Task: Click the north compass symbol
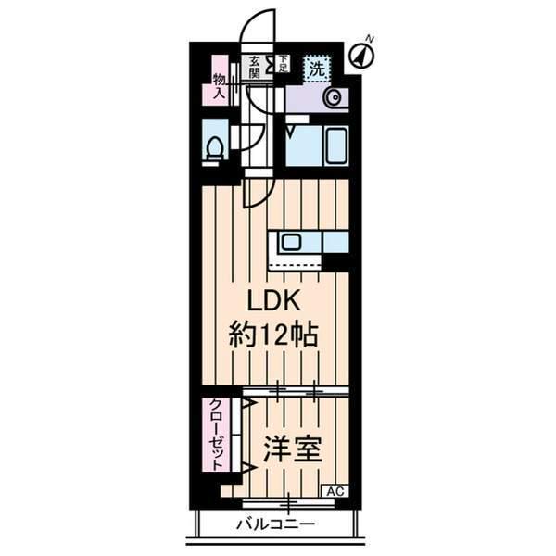pos(360,57)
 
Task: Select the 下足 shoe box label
pos(283,64)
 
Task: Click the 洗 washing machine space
pos(317,67)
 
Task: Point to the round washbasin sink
pos(331,97)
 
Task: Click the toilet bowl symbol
pos(215,148)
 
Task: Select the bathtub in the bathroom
pos(316,146)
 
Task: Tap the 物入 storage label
pos(220,86)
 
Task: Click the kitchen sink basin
pos(290,243)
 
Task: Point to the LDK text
pos(273,303)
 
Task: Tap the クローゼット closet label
pos(215,435)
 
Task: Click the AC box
pos(335,490)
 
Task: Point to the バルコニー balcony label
pos(274,524)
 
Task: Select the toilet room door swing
pos(238,137)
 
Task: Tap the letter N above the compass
pos(370,39)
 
